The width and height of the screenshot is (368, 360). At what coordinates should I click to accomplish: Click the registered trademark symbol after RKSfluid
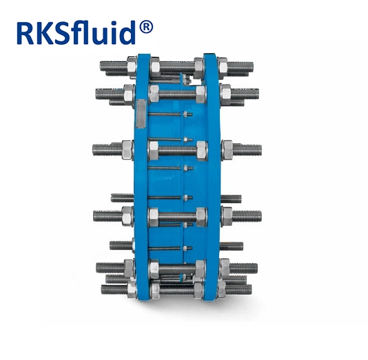(x=146, y=28)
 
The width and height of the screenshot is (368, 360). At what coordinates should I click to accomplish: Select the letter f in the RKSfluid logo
(x=81, y=32)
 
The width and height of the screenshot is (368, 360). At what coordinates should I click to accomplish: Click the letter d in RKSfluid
(x=127, y=32)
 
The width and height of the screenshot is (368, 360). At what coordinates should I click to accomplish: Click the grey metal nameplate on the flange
(x=141, y=114)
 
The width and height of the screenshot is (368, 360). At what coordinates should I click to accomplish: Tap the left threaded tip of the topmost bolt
(x=101, y=66)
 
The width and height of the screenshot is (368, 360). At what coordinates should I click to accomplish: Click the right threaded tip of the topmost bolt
(x=252, y=67)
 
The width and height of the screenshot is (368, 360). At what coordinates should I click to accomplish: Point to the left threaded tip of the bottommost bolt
(x=103, y=290)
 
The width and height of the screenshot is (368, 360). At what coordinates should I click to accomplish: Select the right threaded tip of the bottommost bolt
(x=250, y=289)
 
